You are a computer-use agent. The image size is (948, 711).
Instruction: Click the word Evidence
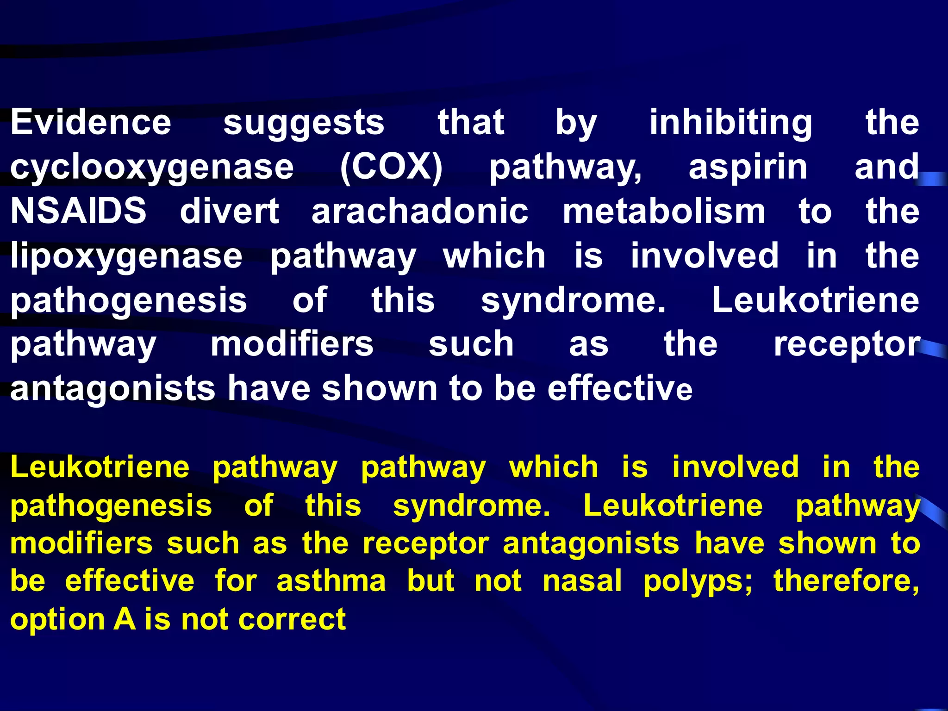tap(91, 122)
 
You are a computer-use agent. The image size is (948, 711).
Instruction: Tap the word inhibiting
tap(730, 123)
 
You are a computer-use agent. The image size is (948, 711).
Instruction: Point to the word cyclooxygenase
tap(152, 168)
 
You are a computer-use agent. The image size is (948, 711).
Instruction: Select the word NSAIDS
tap(78, 211)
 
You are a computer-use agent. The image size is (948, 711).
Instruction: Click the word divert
tap(229, 211)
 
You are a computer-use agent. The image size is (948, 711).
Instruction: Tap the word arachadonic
tap(420, 211)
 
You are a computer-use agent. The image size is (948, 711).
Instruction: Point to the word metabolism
tap(664, 211)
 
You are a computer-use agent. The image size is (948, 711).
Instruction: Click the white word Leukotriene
tap(815, 300)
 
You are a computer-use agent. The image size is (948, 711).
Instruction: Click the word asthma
tap(331, 581)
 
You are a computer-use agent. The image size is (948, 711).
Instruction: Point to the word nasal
tap(582, 581)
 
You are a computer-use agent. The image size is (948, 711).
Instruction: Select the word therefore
tap(846, 581)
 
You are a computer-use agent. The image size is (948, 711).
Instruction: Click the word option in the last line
tap(57, 620)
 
